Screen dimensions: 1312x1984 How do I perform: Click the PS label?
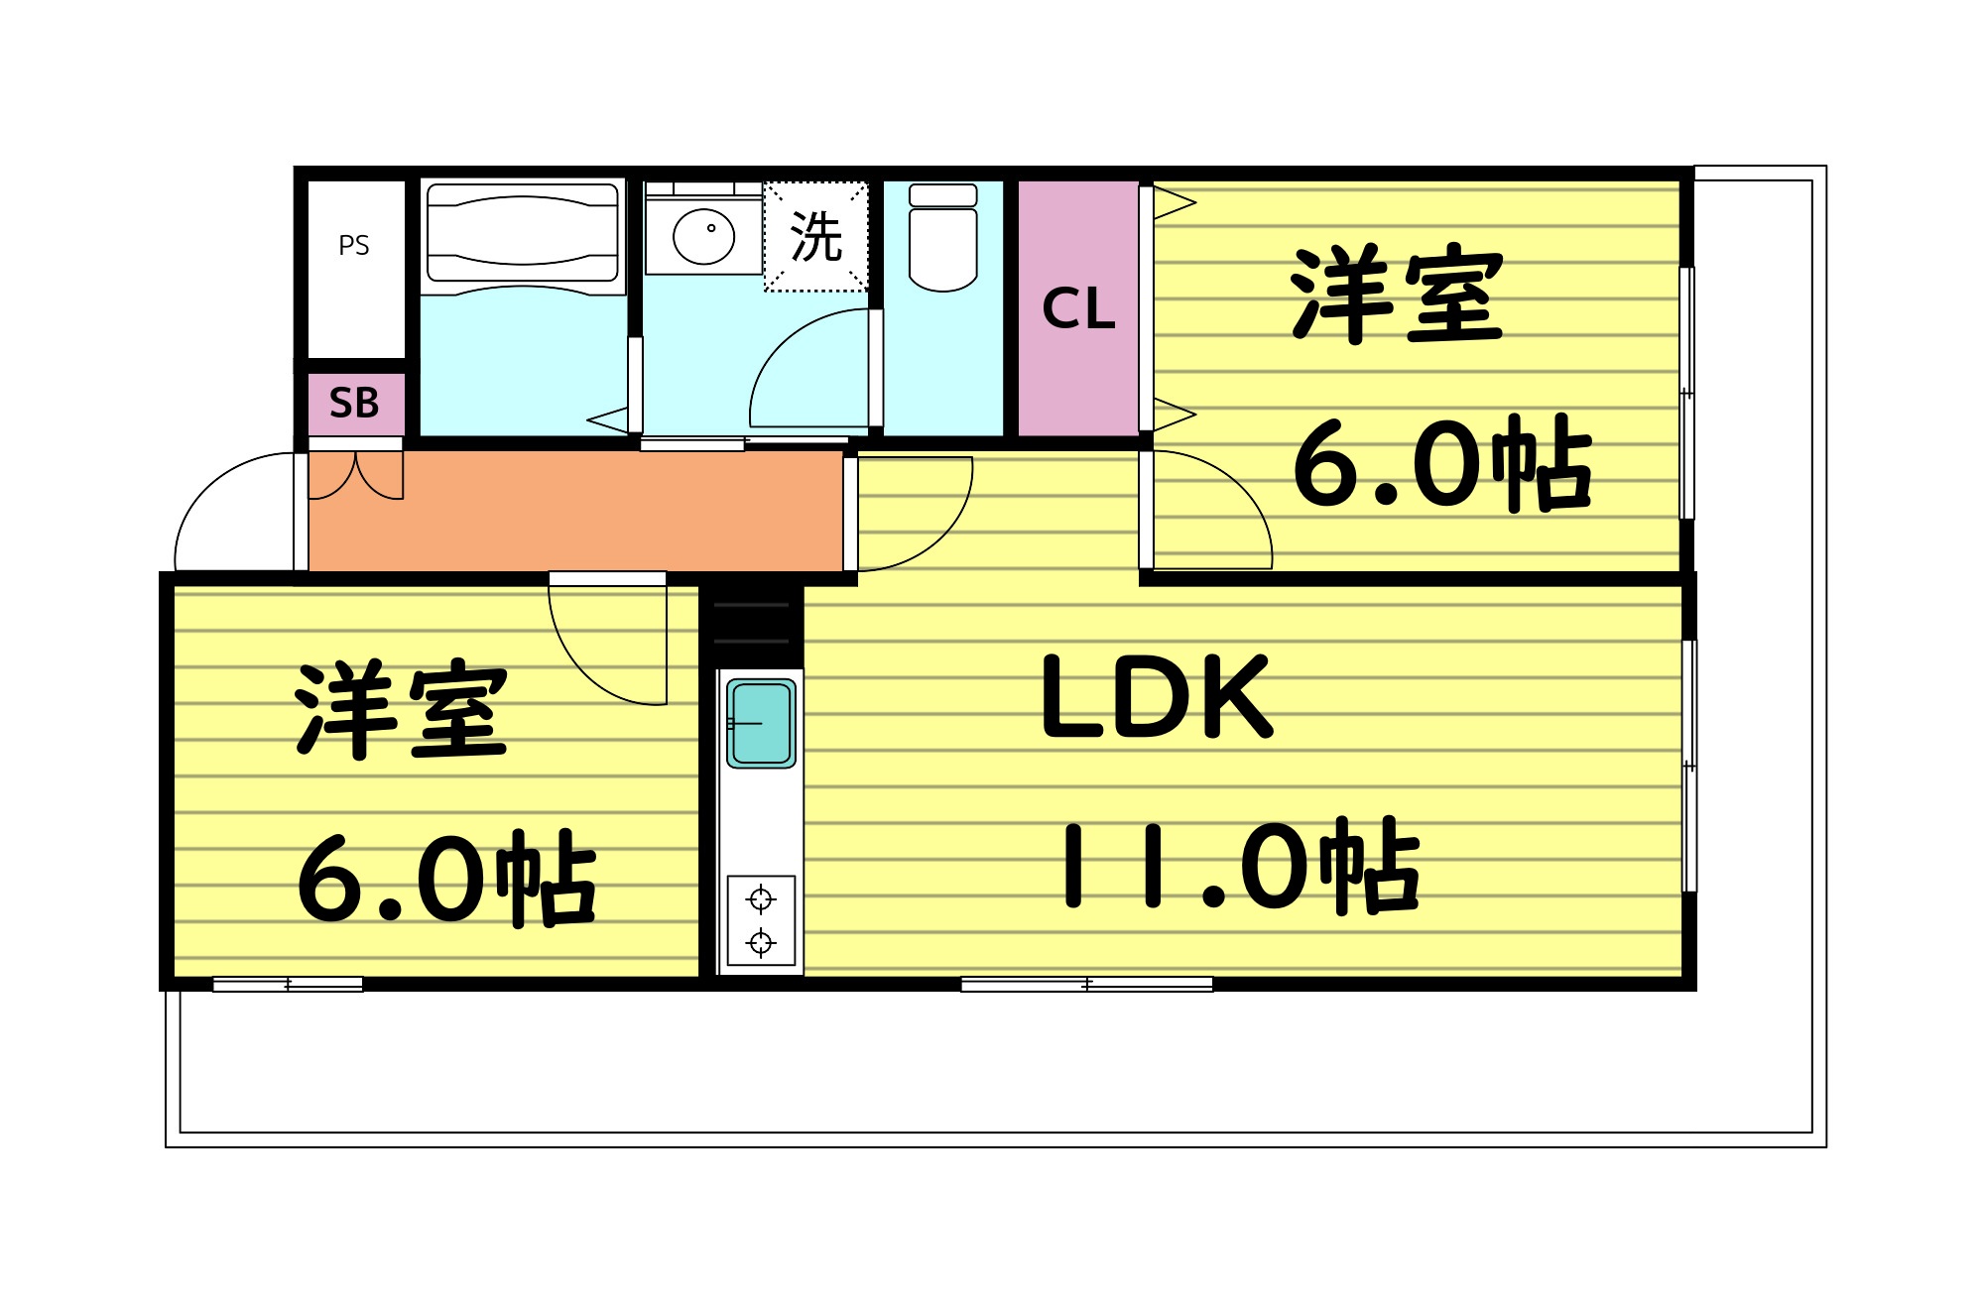(353, 245)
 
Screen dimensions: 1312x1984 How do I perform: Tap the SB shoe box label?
(354, 404)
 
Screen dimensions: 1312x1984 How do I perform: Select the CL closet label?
(1078, 308)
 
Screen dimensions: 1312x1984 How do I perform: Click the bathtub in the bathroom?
(523, 233)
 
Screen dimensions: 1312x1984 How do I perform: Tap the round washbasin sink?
(703, 237)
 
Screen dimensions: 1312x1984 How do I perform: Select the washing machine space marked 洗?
(816, 237)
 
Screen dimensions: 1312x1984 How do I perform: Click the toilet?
(942, 238)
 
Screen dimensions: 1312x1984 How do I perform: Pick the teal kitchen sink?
(761, 723)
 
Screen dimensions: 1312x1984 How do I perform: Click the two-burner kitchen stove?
(761, 920)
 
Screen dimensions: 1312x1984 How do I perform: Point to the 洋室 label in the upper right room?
(1397, 294)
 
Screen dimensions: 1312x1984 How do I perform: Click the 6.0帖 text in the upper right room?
(1442, 463)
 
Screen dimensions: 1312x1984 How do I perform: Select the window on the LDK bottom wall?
(1086, 984)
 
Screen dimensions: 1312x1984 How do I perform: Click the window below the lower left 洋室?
(288, 984)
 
